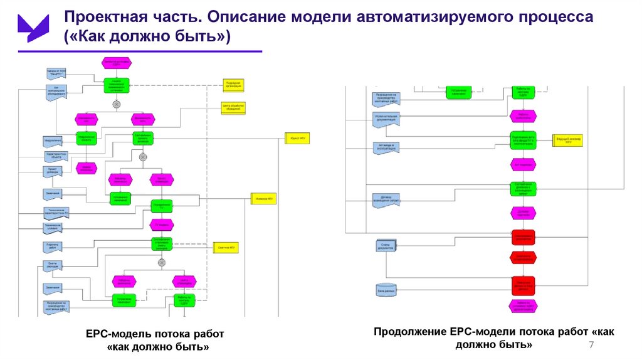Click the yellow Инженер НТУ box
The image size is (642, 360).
[x=264, y=199]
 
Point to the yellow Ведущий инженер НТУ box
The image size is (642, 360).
[x=568, y=140]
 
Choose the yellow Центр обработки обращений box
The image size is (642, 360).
[x=233, y=108]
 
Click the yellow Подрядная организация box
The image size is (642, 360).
[x=233, y=85]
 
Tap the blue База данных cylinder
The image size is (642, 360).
[x=384, y=290]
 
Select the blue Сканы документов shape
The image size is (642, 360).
[x=384, y=246]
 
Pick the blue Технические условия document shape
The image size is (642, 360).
[x=53, y=227]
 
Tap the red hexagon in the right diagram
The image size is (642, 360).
[x=523, y=257]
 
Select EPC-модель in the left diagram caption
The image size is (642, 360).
[x=116, y=334]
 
